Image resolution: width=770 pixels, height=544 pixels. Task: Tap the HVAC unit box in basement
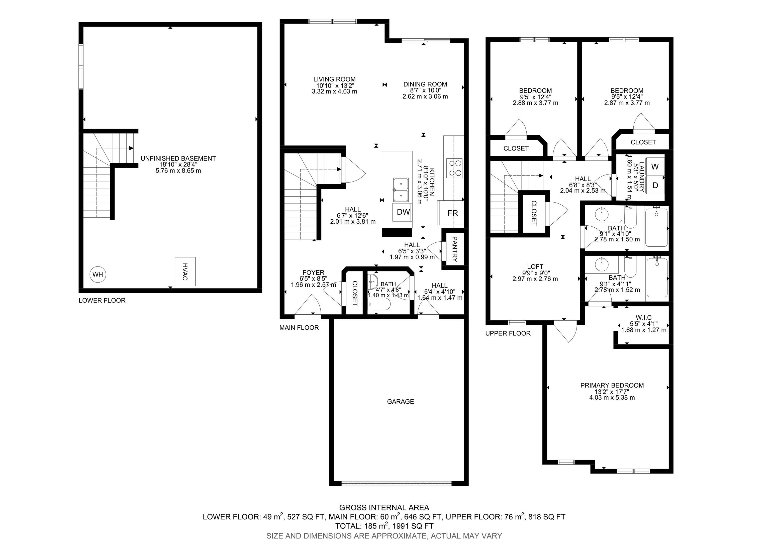(x=185, y=271)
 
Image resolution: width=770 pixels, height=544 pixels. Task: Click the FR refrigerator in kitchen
(x=452, y=213)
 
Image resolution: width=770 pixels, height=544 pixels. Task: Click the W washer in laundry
(x=655, y=167)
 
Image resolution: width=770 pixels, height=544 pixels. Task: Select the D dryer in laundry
(x=655, y=185)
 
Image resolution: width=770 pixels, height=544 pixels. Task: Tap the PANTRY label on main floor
(x=454, y=249)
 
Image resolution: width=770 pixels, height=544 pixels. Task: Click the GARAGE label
(x=401, y=401)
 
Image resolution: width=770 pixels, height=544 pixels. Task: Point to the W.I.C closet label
(x=643, y=317)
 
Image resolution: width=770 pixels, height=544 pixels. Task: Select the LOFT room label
(x=535, y=267)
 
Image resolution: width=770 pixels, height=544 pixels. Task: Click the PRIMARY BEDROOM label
(x=612, y=385)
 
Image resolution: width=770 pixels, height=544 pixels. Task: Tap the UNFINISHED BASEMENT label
(x=178, y=158)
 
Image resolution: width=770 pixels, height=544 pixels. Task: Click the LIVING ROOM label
(x=334, y=79)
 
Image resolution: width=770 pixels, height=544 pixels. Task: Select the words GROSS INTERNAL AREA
(x=384, y=507)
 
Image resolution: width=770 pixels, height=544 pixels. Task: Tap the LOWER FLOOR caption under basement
(x=102, y=301)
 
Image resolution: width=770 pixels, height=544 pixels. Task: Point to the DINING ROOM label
(x=425, y=84)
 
